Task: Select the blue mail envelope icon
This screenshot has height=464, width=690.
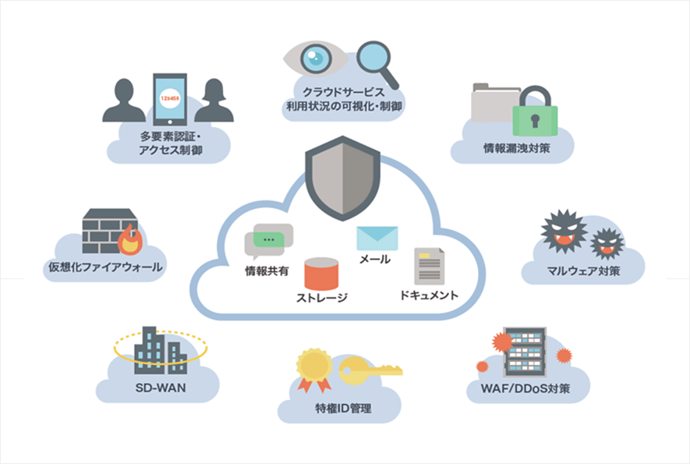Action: click(x=377, y=238)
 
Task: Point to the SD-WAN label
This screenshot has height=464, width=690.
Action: click(x=157, y=388)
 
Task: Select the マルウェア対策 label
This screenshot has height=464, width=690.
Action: click(x=583, y=271)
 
